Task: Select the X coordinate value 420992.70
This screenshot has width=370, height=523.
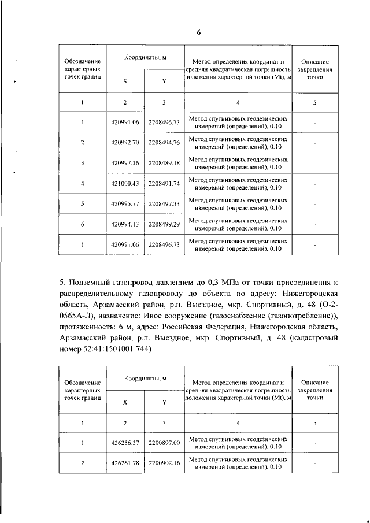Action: pyautogui.click(x=125, y=143)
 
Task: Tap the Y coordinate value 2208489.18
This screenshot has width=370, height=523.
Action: pyautogui.click(x=164, y=163)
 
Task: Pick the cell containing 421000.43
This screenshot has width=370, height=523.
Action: pyautogui.click(x=125, y=184)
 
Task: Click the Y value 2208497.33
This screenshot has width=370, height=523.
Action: pyautogui.click(x=164, y=204)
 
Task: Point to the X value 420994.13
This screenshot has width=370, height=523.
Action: pyautogui.click(x=125, y=224)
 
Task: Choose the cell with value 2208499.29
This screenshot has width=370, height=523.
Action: pyautogui.click(x=164, y=224)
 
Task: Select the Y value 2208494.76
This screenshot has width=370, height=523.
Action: pyautogui.click(x=164, y=143)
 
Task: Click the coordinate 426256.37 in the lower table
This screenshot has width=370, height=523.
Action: pyautogui.click(x=125, y=443)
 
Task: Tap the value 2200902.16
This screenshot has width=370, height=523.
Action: pyautogui.click(x=164, y=463)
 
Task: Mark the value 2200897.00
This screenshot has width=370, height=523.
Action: pyautogui.click(x=164, y=443)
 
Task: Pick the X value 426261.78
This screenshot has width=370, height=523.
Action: pyautogui.click(x=125, y=463)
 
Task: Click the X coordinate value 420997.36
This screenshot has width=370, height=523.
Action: pyautogui.click(x=125, y=163)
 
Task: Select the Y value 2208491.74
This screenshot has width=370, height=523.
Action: pyautogui.click(x=164, y=184)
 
